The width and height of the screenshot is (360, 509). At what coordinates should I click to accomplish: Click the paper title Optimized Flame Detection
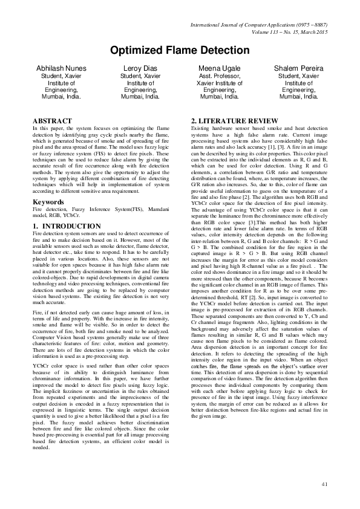(180, 50)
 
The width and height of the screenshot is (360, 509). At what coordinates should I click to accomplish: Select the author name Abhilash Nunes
(61, 68)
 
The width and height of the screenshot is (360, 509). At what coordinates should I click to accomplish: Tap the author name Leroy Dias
(140, 68)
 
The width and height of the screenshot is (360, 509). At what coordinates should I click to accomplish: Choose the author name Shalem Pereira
(299, 68)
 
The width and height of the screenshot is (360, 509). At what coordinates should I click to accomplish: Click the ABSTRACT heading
(52, 122)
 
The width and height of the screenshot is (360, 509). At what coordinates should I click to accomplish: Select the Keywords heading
(51, 201)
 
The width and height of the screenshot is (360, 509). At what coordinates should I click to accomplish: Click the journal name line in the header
(258, 25)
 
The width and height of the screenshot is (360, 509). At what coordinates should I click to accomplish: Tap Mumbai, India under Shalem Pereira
(299, 96)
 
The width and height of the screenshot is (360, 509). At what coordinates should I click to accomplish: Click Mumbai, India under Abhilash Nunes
(61, 96)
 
